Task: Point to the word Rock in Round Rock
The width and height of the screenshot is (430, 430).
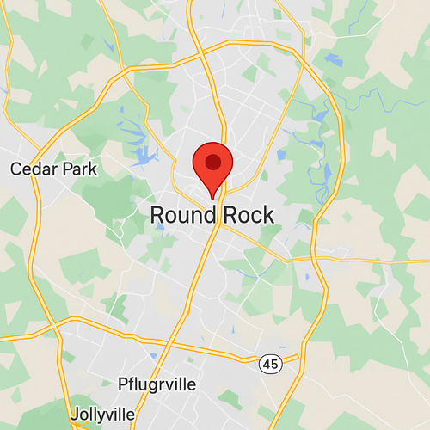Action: [249, 215]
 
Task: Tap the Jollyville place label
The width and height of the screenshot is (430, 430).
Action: [102, 412]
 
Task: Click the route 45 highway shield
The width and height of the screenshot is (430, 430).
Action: [270, 364]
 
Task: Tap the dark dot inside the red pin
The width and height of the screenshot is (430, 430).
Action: [212, 161]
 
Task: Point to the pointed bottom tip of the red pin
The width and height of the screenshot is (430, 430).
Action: [212, 199]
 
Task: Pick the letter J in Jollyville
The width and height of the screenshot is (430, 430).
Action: [75, 412]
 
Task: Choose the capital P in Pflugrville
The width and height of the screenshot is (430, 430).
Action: [122, 383]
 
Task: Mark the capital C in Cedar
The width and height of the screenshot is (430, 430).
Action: [15, 169]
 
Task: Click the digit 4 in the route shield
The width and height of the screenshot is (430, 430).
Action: [267, 364]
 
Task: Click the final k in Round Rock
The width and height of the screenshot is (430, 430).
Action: [268, 215]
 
